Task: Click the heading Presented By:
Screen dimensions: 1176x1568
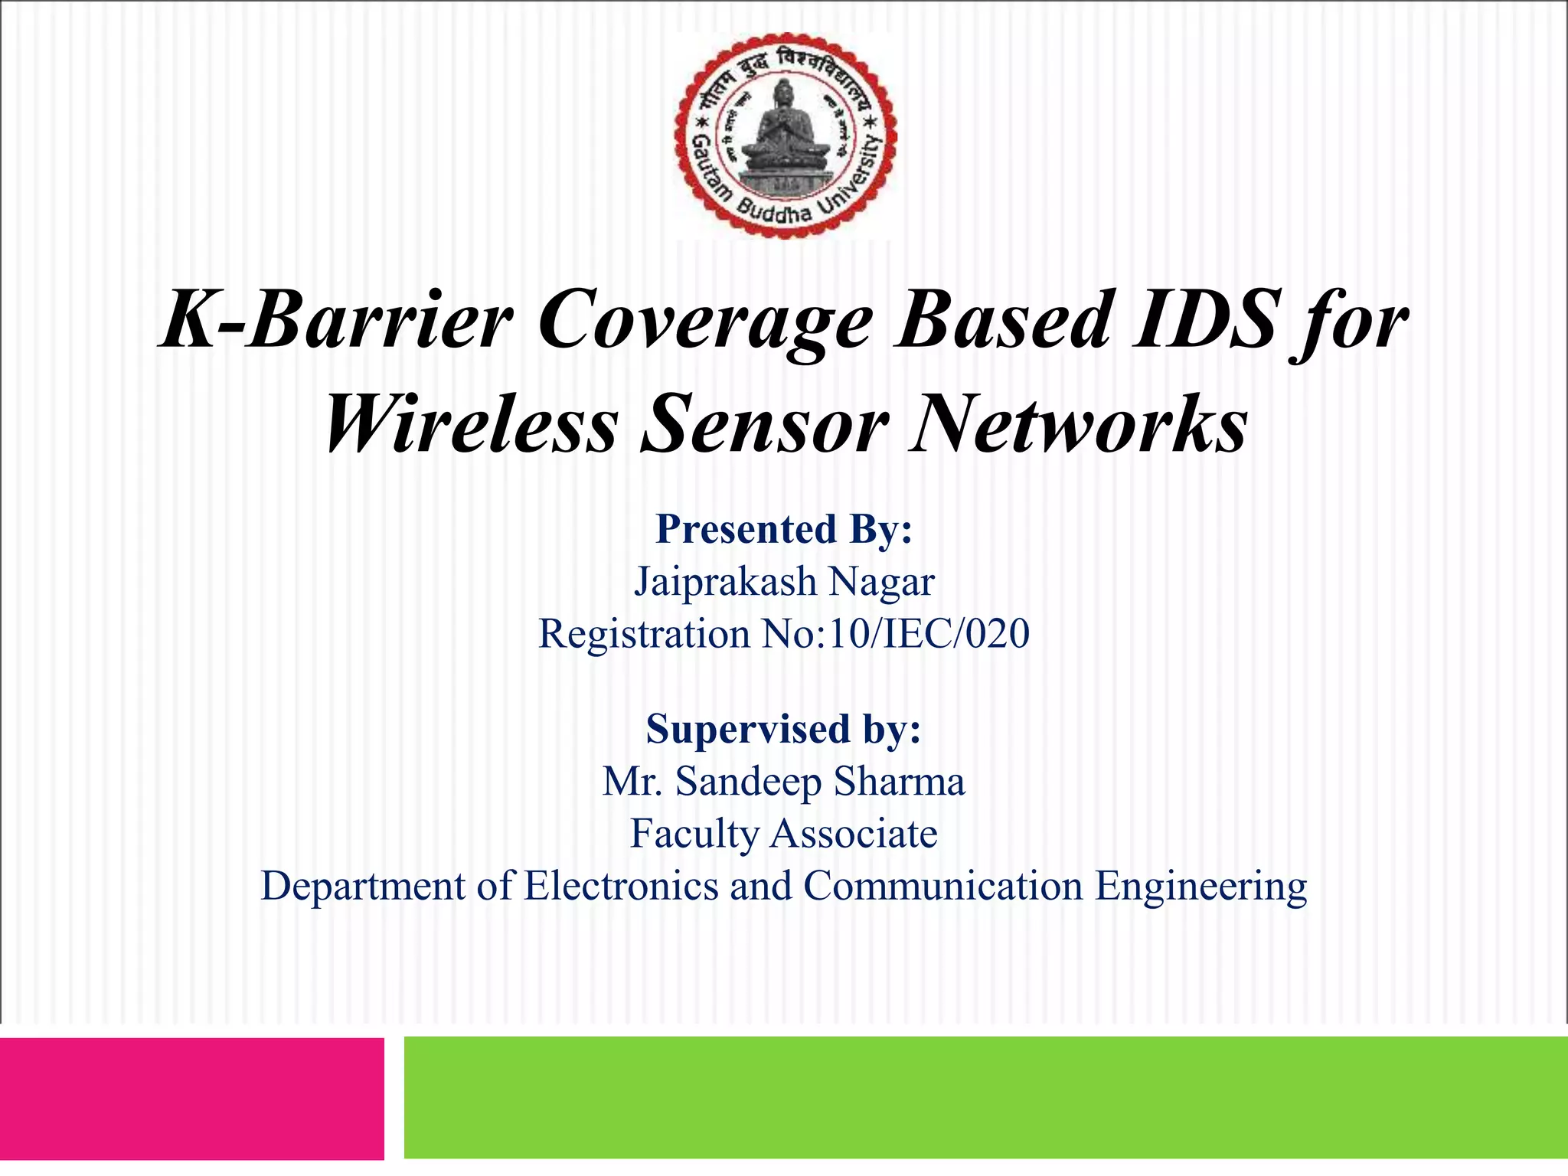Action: pos(784,530)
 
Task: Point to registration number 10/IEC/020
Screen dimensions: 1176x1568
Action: pos(929,634)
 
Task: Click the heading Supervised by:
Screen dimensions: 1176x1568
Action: pos(783,730)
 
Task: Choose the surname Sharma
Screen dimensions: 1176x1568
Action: pos(900,782)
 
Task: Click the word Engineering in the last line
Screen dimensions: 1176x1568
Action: pos(1200,887)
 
